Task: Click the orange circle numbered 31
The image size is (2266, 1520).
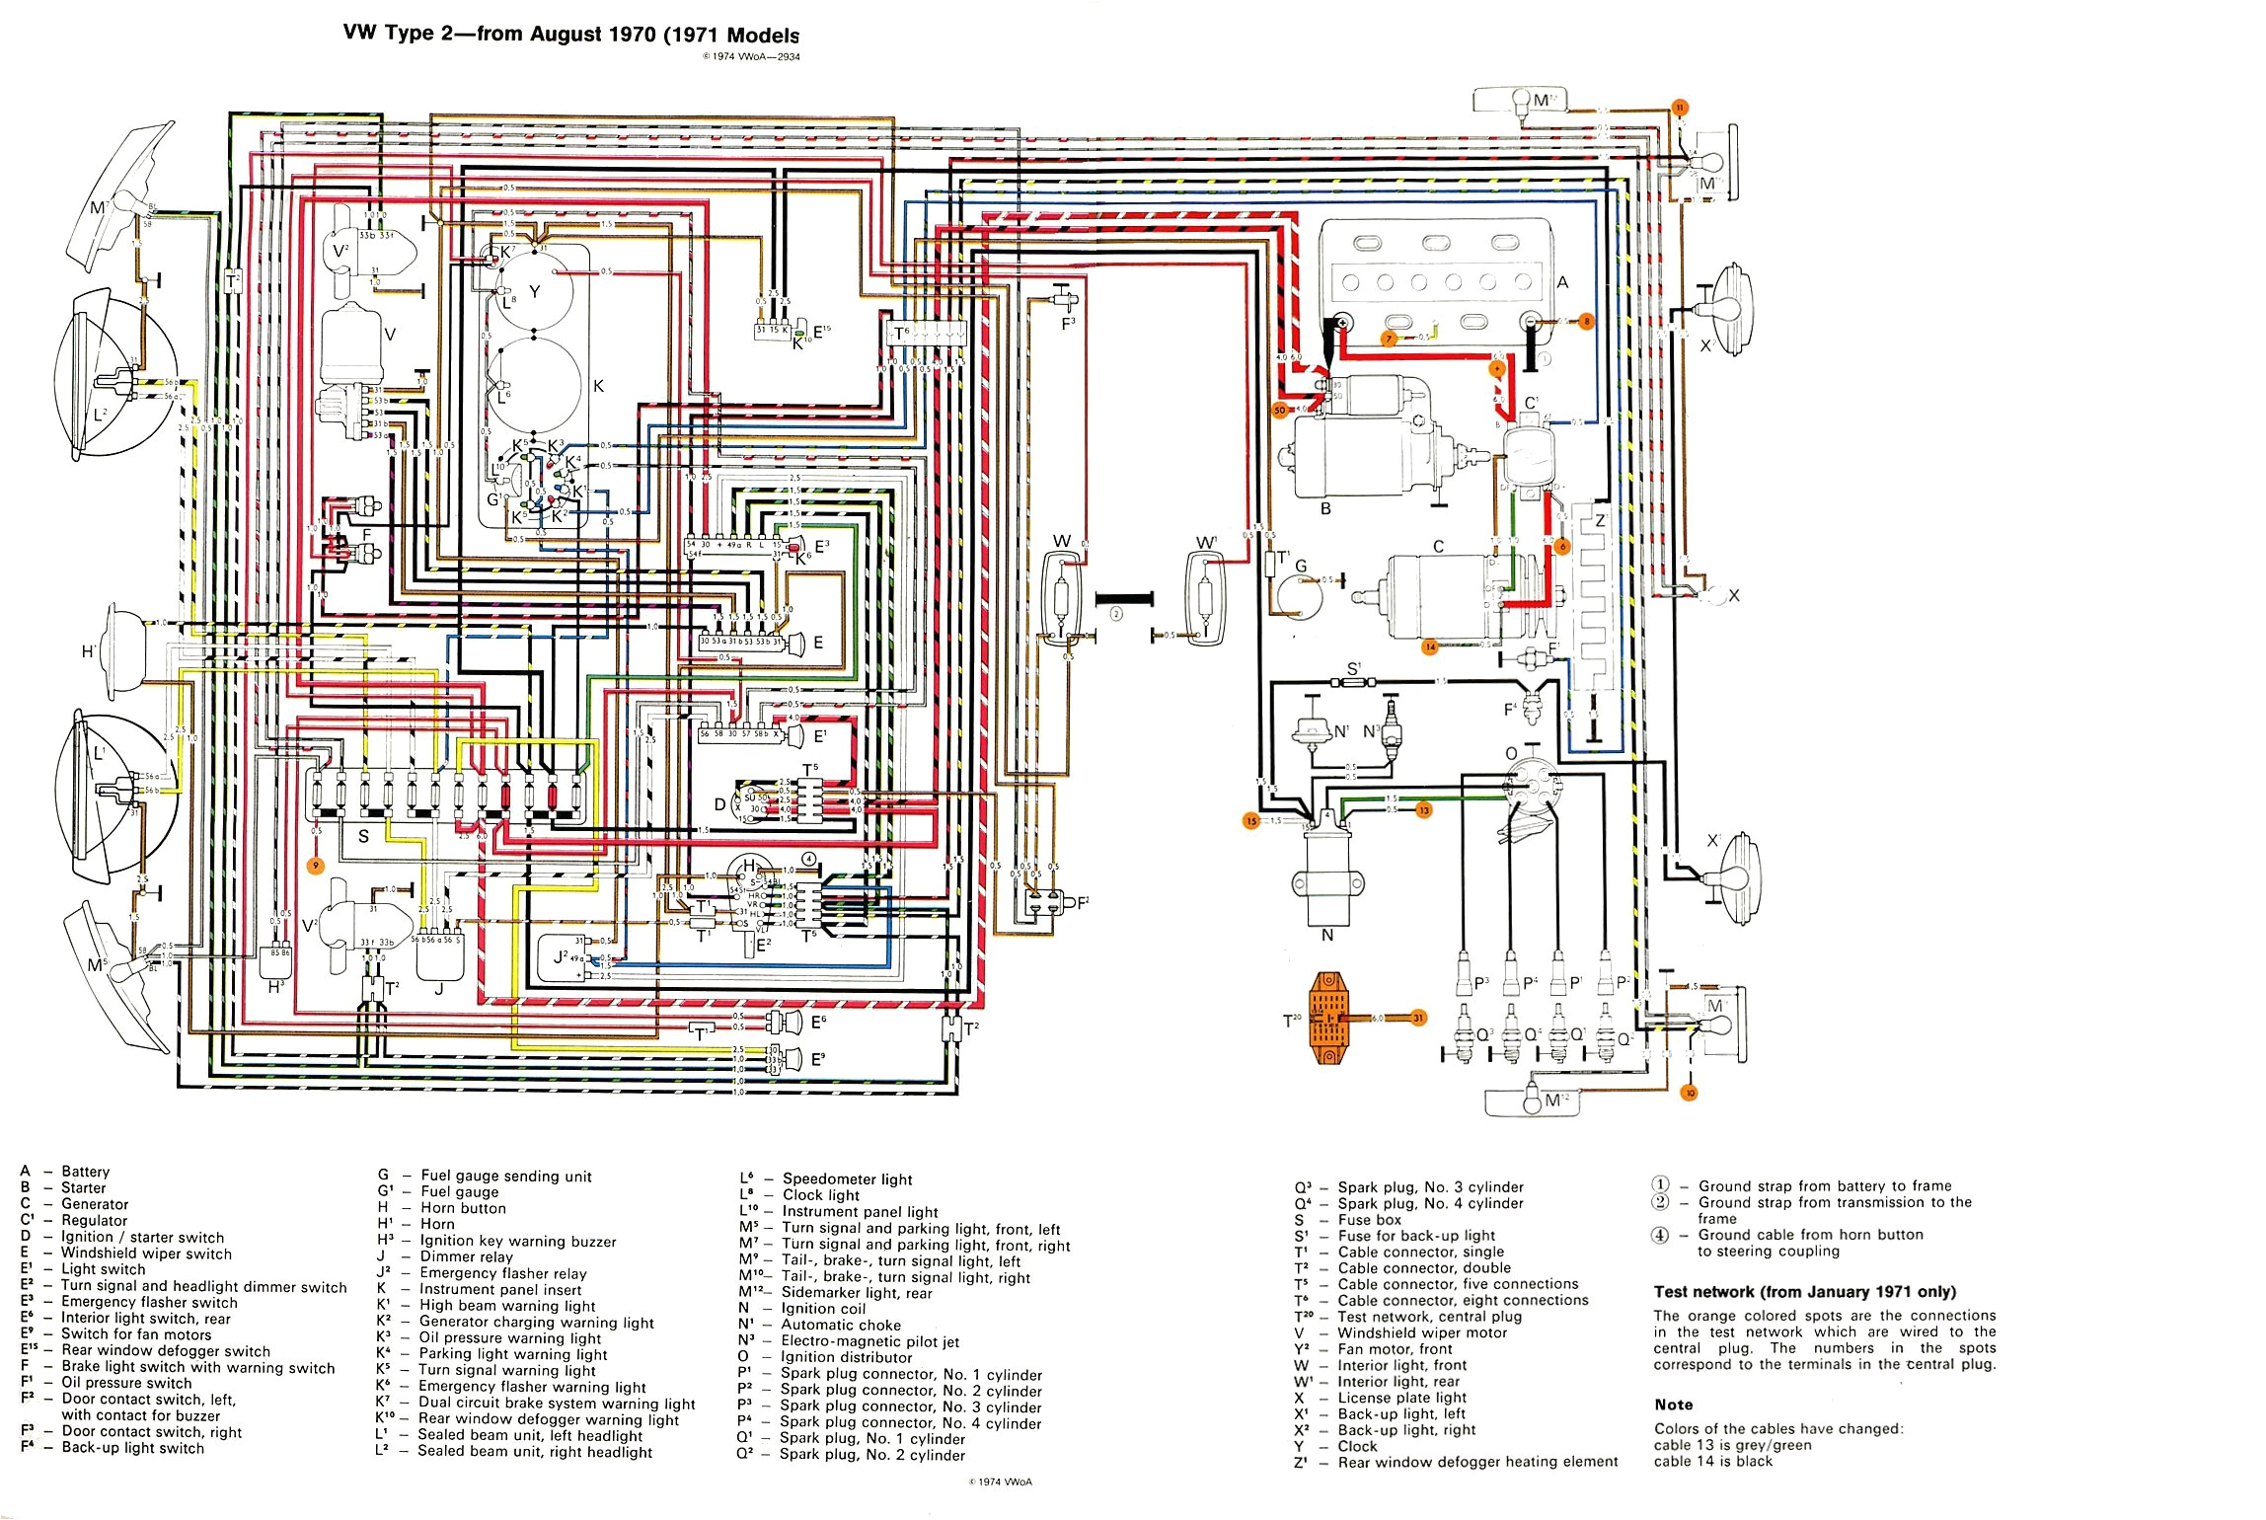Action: click(1418, 1018)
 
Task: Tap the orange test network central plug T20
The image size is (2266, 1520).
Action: click(1328, 1018)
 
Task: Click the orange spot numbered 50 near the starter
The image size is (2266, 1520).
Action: click(1280, 409)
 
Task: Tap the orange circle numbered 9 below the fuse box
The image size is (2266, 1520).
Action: click(316, 866)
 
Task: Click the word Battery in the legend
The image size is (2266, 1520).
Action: click(85, 1172)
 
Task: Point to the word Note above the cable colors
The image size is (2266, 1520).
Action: click(1674, 1405)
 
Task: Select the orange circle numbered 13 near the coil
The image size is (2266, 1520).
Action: click(1423, 810)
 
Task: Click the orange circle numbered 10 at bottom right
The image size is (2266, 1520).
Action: click(1690, 1093)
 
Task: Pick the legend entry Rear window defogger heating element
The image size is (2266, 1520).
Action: click(1477, 1462)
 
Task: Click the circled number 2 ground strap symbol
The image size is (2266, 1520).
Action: click(1116, 613)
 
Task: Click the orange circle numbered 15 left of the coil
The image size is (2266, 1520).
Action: click(1251, 821)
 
